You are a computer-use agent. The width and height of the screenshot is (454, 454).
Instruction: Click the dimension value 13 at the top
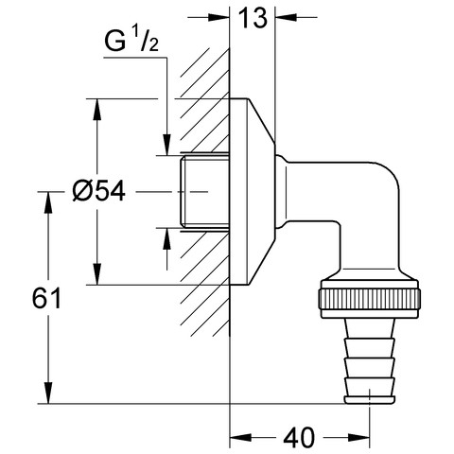253,18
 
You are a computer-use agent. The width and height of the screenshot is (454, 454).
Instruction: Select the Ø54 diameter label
98,191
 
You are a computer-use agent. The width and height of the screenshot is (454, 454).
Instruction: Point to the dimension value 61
46,298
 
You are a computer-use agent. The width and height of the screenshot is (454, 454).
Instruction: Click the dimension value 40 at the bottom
299,438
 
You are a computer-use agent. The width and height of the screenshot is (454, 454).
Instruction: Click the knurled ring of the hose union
370,299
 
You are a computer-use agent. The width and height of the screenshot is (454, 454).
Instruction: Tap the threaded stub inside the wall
205,193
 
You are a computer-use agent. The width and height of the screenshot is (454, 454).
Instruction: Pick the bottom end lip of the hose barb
370,400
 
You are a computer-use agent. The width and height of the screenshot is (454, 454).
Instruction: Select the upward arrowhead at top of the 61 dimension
48,202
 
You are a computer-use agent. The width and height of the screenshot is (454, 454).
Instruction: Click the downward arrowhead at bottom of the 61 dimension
48,393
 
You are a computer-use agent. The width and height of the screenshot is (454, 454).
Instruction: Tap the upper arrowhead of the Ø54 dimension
97,110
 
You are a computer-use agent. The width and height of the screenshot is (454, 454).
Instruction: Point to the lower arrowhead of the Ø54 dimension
97,274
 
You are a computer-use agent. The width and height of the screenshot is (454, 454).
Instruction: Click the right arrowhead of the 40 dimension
358,438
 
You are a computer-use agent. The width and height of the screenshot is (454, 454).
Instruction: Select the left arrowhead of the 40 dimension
240,438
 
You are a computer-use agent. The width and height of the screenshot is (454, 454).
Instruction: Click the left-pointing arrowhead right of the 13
287,17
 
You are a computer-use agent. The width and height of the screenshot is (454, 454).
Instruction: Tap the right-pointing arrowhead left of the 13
218,17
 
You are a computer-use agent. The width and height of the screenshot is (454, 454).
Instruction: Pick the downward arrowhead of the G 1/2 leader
166,145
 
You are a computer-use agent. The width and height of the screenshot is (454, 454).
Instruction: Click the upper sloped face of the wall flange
262,120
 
